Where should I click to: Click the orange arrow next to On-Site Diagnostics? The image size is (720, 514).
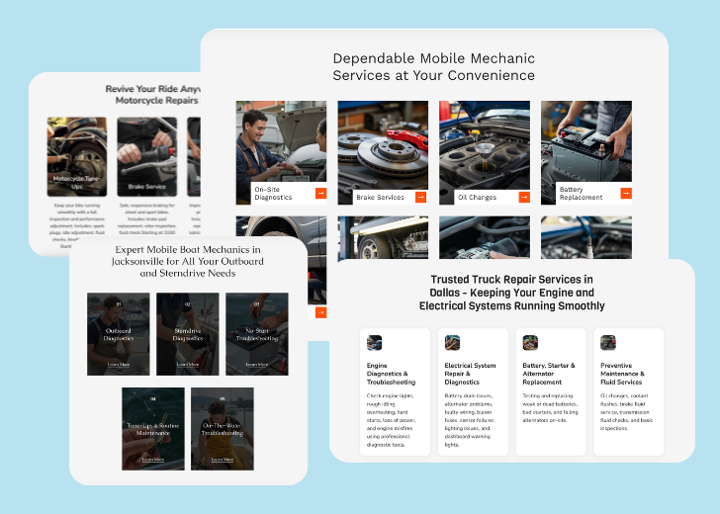click(x=320, y=194)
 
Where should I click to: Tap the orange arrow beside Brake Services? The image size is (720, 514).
click(x=420, y=197)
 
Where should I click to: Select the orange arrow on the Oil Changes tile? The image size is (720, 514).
click(x=524, y=197)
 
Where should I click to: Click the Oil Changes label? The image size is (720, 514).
click(x=477, y=198)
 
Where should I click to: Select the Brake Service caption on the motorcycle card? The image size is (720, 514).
click(x=147, y=186)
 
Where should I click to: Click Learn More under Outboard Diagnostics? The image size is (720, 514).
click(x=119, y=364)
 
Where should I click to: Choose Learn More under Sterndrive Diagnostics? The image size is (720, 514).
click(x=188, y=364)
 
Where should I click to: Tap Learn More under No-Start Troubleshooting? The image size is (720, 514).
click(x=256, y=364)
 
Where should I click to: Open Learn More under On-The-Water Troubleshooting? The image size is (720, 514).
click(x=222, y=459)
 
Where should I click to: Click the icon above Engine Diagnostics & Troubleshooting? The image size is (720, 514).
click(x=374, y=343)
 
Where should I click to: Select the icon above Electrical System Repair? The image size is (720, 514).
click(x=452, y=343)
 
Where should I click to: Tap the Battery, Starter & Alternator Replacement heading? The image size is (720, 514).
click(x=548, y=374)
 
